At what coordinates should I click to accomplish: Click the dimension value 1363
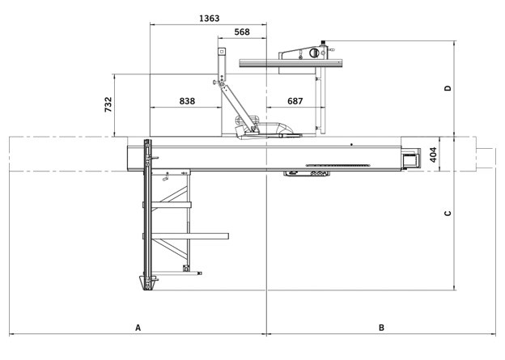pyautogui.click(x=210, y=18)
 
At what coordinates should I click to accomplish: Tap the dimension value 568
pyautogui.click(x=242, y=32)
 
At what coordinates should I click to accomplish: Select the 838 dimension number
pyautogui.click(x=187, y=101)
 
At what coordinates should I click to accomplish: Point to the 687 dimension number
pyautogui.click(x=295, y=101)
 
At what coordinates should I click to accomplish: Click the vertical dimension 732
pyautogui.click(x=108, y=104)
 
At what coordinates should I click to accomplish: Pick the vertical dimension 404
pyautogui.click(x=433, y=155)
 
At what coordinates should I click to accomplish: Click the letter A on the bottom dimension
pyautogui.click(x=138, y=328)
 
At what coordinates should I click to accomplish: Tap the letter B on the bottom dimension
pyautogui.click(x=381, y=328)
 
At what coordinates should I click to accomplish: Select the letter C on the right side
pyautogui.click(x=448, y=213)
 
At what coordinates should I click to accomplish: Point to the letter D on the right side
pyautogui.click(x=448, y=88)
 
